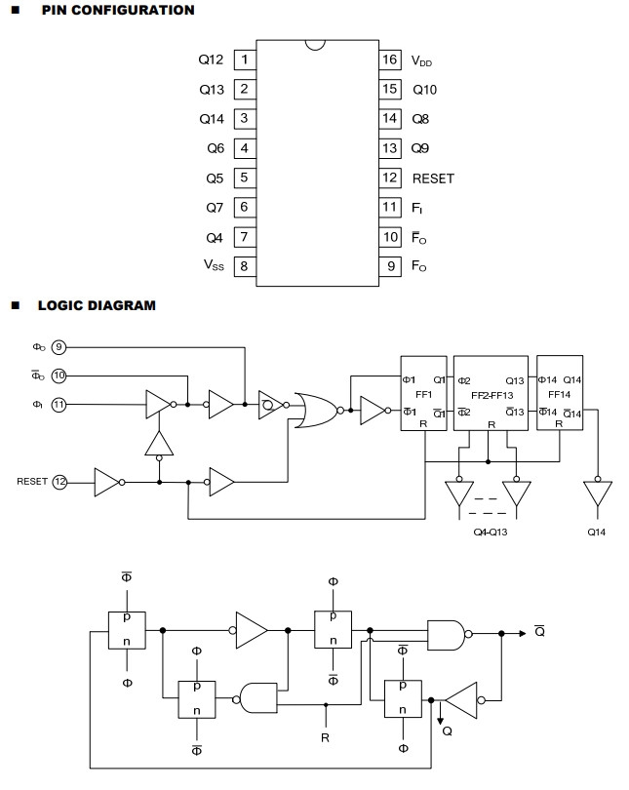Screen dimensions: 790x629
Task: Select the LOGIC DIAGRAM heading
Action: click(96, 305)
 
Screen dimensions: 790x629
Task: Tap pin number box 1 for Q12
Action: click(243, 59)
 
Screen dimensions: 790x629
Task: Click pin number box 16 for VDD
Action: click(390, 59)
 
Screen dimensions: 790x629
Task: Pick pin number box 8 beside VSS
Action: click(243, 266)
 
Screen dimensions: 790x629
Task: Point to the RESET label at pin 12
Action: click(433, 178)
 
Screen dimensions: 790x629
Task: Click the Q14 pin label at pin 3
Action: click(211, 119)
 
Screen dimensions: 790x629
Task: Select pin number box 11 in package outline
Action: click(390, 208)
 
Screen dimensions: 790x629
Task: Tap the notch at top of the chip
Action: click(315, 44)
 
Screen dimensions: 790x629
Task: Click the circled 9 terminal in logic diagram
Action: click(59, 346)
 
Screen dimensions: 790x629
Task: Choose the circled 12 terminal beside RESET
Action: click(59, 481)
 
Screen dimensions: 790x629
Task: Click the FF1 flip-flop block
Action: click(424, 396)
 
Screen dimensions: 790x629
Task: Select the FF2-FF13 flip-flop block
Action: click(491, 396)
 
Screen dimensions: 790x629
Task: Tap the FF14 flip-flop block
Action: click(560, 396)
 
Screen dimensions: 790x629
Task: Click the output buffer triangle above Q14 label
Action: click(594, 493)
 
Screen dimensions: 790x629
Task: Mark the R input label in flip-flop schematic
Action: click(325, 738)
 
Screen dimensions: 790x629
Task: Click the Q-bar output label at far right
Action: click(539, 631)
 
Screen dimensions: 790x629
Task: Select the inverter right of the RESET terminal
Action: click(107, 481)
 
